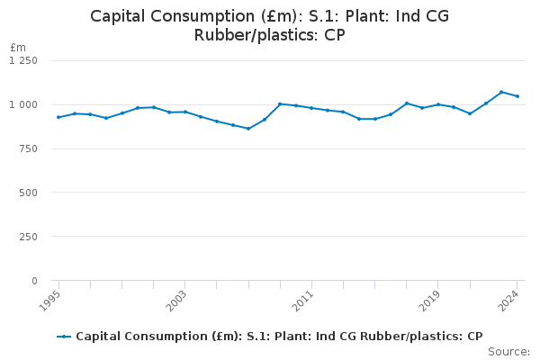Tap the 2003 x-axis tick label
tap(179, 298)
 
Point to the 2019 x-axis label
tap(432, 298)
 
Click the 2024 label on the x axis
tap(511, 298)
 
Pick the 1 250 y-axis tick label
tap(24, 60)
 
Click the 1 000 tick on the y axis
tap(24, 104)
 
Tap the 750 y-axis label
tap(29, 148)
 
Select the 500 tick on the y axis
tap(29, 193)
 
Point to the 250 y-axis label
tap(29, 237)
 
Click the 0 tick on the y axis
tap(34, 281)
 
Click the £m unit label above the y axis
tap(18, 47)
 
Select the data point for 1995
tap(58, 117)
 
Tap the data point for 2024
tap(517, 96)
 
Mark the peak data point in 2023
tap(501, 92)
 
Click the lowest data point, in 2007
tap(248, 129)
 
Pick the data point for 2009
tap(280, 103)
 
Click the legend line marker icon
tap(64, 337)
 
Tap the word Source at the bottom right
tap(510, 352)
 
